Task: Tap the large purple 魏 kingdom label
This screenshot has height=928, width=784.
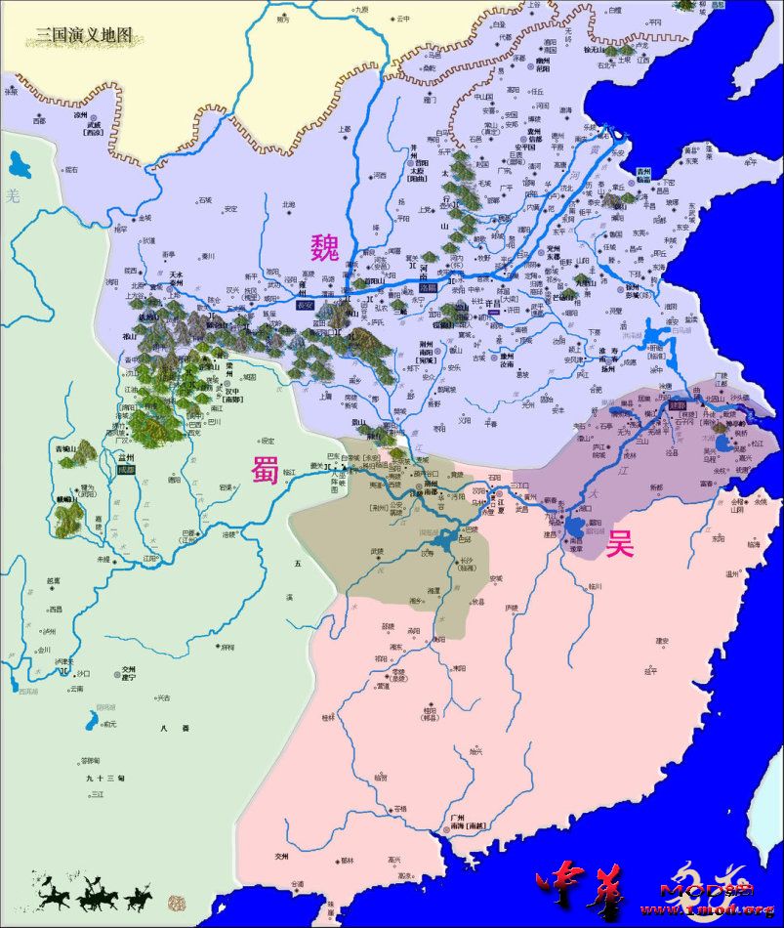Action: click(324, 248)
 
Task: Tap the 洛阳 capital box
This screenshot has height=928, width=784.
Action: click(427, 289)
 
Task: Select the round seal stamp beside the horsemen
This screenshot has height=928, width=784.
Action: click(176, 900)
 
